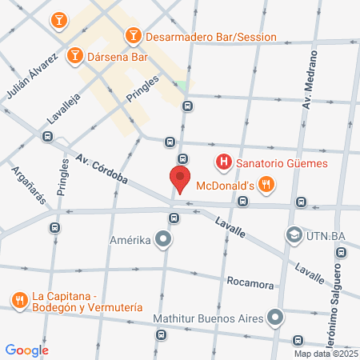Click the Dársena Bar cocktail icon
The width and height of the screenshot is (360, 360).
coord(74,54)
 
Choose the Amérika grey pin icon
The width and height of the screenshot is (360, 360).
coord(163,238)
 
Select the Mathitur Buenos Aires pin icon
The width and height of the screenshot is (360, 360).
coord(276,318)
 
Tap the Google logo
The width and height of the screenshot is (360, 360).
coord(27,350)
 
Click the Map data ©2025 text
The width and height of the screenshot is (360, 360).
coord(326,354)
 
